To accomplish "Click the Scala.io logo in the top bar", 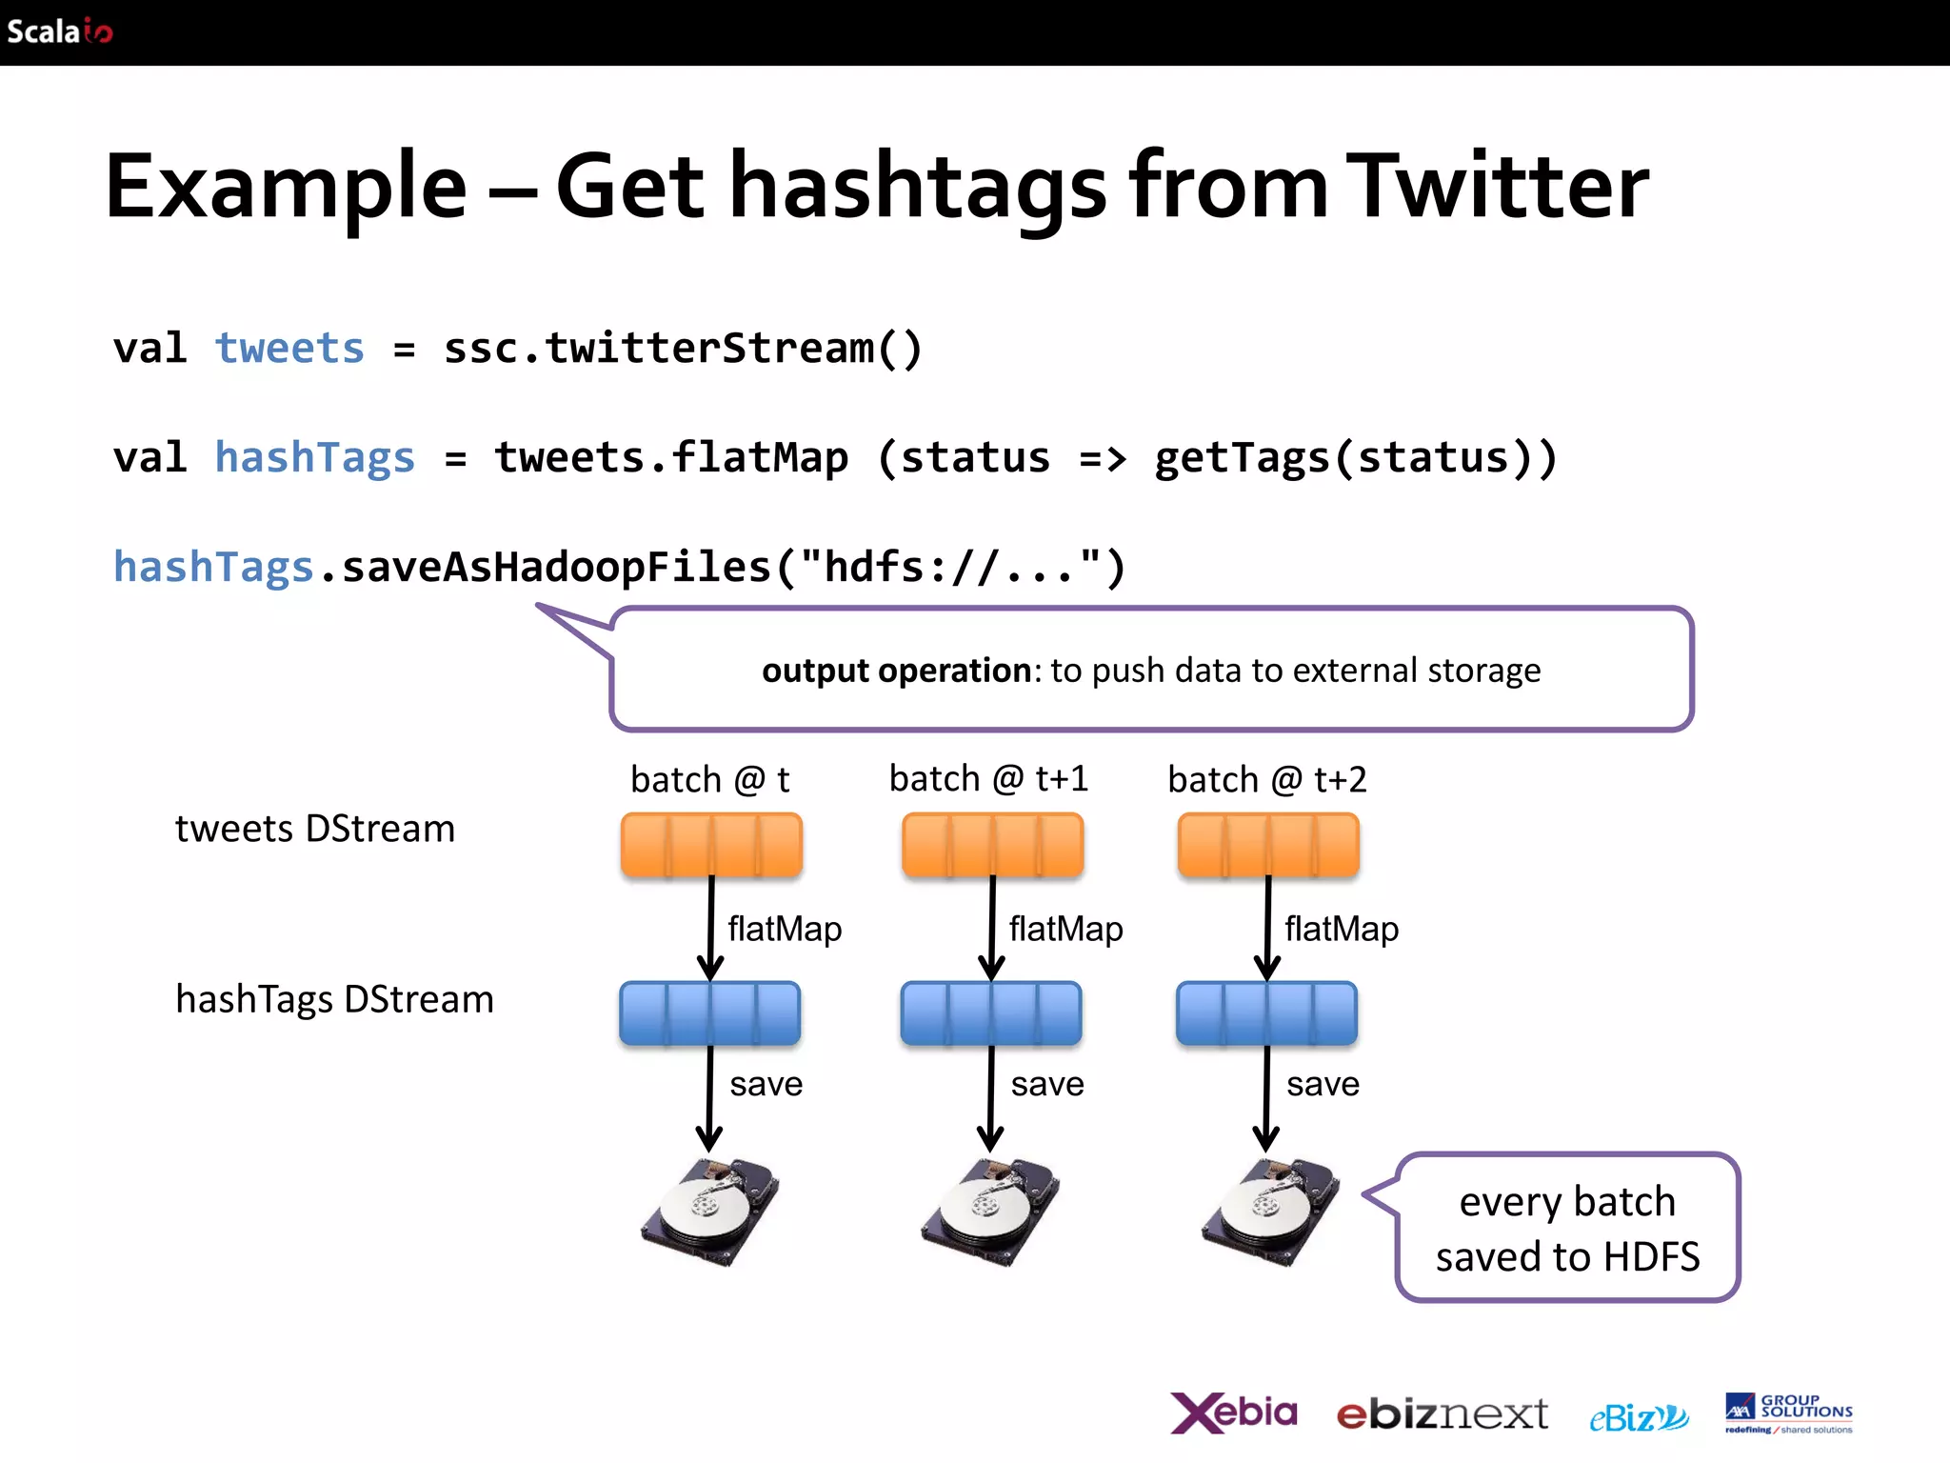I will (59, 31).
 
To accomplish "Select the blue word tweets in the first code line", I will (289, 349).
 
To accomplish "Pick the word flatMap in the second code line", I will (759, 458).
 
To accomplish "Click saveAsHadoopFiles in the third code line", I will (556, 568).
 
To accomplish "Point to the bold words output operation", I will (895, 671).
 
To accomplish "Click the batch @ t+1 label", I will (988, 779).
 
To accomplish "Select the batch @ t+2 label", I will (1266, 780).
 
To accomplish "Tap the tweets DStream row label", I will (315, 829).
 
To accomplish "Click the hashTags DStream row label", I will (335, 999).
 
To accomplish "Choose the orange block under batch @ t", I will (711, 845).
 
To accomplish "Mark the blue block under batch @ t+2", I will (1266, 1013).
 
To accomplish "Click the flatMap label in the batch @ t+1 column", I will (1065, 929).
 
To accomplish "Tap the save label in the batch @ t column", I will (766, 1084).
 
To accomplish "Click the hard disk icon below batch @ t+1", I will (990, 1212).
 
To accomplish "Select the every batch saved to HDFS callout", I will (1567, 1229).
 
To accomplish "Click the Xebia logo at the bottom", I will (1233, 1413).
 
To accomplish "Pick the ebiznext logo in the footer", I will (1442, 1414).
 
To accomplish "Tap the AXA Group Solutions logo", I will (1788, 1413).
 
